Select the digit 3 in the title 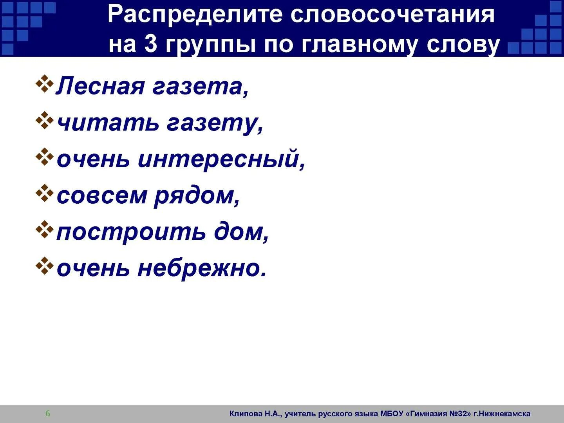pyautogui.click(x=150, y=44)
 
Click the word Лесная pyautogui.click(x=100, y=86)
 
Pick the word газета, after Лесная pyautogui.click(x=200, y=87)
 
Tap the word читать pyautogui.click(x=108, y=123)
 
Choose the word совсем pyautogui.click(x=102, y=196)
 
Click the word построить pyautogui.click(x=131, y=232)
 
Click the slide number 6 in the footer pyautogui.click(x=48, y=414)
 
